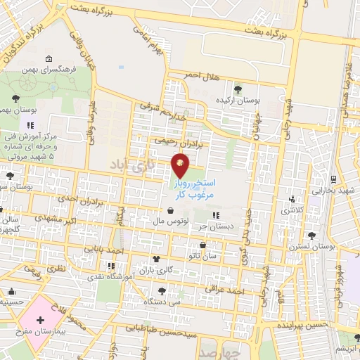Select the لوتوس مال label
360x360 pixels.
point(169,221)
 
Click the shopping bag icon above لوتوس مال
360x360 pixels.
point(171,210)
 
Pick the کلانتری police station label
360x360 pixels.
point(294,210)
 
